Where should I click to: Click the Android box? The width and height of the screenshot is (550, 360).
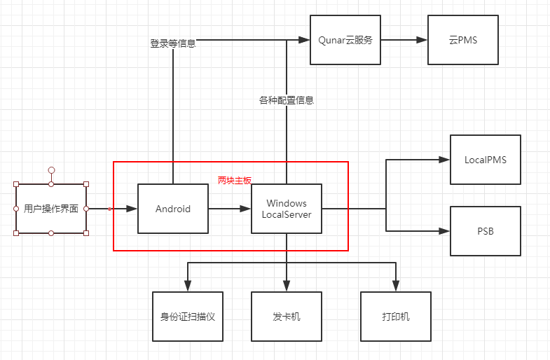coord(173,209)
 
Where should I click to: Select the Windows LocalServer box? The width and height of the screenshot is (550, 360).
coord(286,209)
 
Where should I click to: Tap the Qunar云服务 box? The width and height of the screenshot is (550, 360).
coord(345,40)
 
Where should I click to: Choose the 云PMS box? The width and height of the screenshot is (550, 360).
coord(462,40)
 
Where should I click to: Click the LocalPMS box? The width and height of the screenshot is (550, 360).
coord(485,160)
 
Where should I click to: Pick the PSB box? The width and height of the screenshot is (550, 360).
coord(485,231)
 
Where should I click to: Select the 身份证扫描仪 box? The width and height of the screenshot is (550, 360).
coord(188,317)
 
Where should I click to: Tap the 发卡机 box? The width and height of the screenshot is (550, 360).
coord(286,317)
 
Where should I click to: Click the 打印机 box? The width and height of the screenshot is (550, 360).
coord(395,317)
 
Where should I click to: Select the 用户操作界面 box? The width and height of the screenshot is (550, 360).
coord(51,209)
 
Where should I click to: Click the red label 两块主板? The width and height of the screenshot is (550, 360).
coord(234,180)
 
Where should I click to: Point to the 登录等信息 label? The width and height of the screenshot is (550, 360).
coord(172,43)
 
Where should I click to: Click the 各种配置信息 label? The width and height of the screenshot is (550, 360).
coord(286,100)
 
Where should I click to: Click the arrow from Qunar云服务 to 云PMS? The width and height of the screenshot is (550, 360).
coord(404,40)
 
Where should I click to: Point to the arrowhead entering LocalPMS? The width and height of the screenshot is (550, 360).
coord(444,160)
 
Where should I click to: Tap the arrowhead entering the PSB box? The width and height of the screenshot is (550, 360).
coord(444,231)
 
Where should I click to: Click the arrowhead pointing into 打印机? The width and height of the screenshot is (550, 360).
coord(395,286)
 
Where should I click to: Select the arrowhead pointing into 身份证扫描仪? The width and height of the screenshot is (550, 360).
coord(188,286)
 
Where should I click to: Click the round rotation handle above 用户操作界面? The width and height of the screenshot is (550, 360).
coord(51,169)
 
